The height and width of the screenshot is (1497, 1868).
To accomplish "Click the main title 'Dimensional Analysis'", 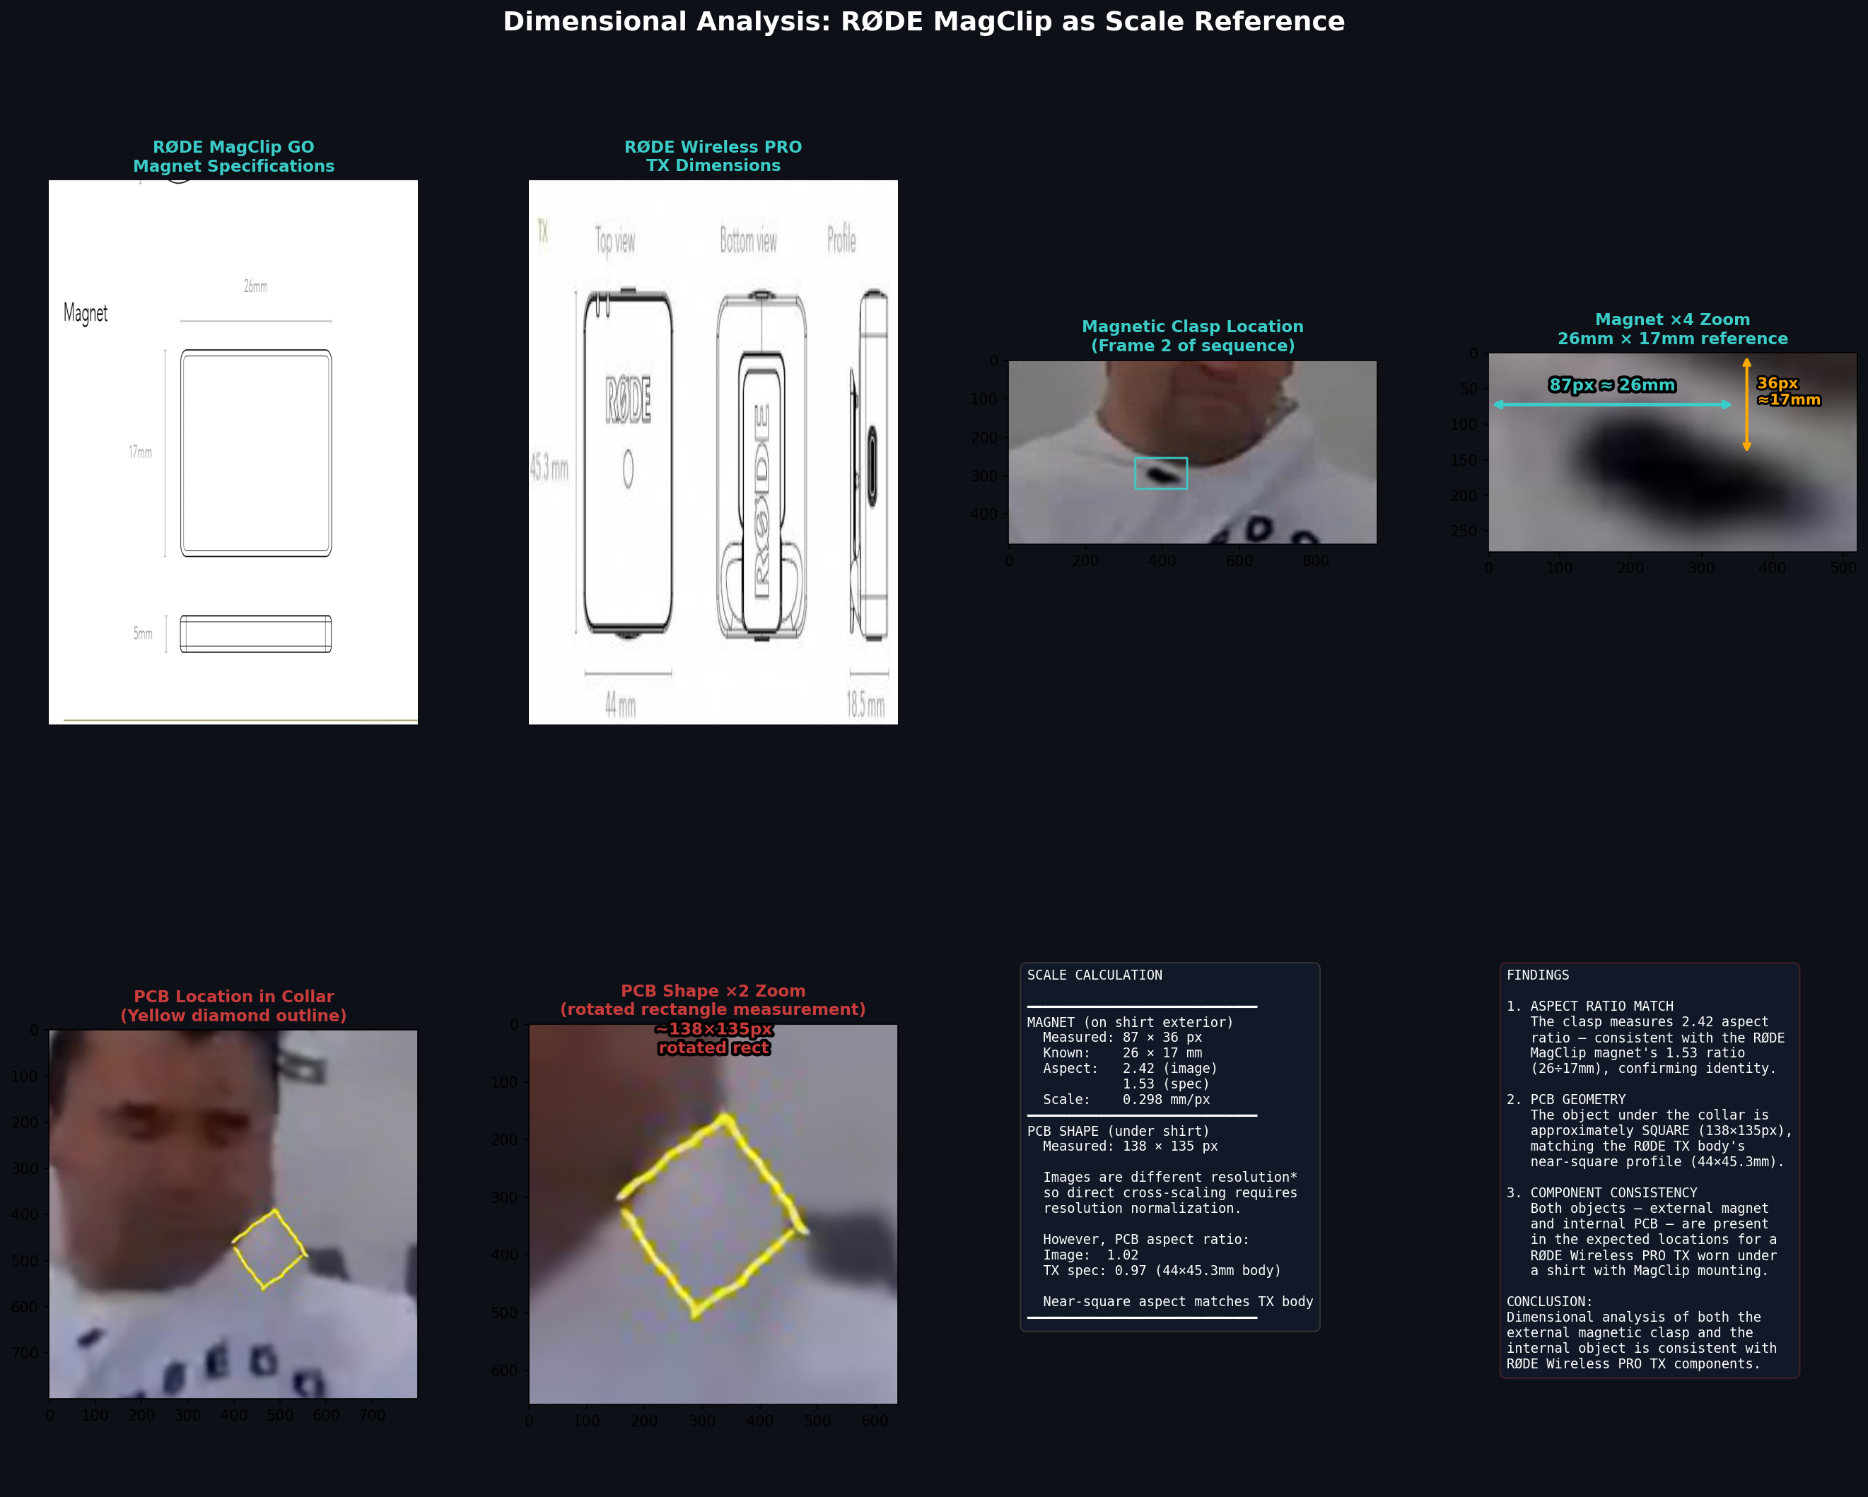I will pos(923,22).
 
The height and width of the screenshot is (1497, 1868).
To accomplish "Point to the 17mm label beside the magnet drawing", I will pos(141,452).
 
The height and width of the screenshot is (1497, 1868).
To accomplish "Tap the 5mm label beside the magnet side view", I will pos(143,634).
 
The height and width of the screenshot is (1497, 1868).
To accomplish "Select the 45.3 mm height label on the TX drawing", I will pos(549,469).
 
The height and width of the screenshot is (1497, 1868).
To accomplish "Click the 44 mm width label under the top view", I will pos(620,706).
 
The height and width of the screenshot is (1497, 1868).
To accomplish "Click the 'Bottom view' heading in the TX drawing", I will pos(749,241).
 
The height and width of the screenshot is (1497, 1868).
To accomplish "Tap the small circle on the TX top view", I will pos(628,469).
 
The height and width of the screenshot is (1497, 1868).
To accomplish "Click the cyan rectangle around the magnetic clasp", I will pos(1161,458).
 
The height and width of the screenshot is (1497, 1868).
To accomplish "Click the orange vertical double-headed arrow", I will pos(1746,404).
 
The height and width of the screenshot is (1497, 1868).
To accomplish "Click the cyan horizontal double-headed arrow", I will pos(1611,404).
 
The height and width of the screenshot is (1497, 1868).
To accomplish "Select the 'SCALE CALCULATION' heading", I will pos(1094,975).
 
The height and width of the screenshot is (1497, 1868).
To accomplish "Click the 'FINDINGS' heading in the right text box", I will pos(1537,975).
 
